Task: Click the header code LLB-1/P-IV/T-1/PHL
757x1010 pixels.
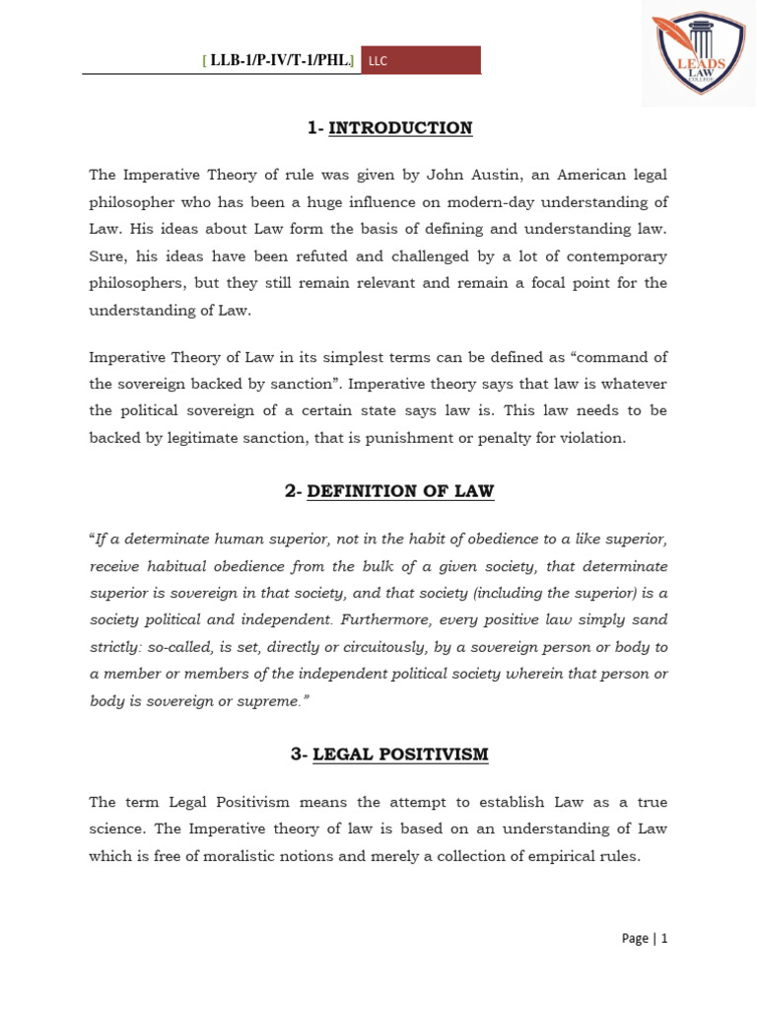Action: tap(280, 60)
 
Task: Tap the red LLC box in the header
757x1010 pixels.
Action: tap(421, 60)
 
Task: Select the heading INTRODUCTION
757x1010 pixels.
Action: tap(400, 128)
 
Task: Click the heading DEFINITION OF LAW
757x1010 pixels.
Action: tap(400, 491)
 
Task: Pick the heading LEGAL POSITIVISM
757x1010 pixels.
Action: tap(400, 755)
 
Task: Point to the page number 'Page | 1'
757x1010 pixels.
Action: tap(645, 938)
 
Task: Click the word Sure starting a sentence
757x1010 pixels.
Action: tap(107, 256)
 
